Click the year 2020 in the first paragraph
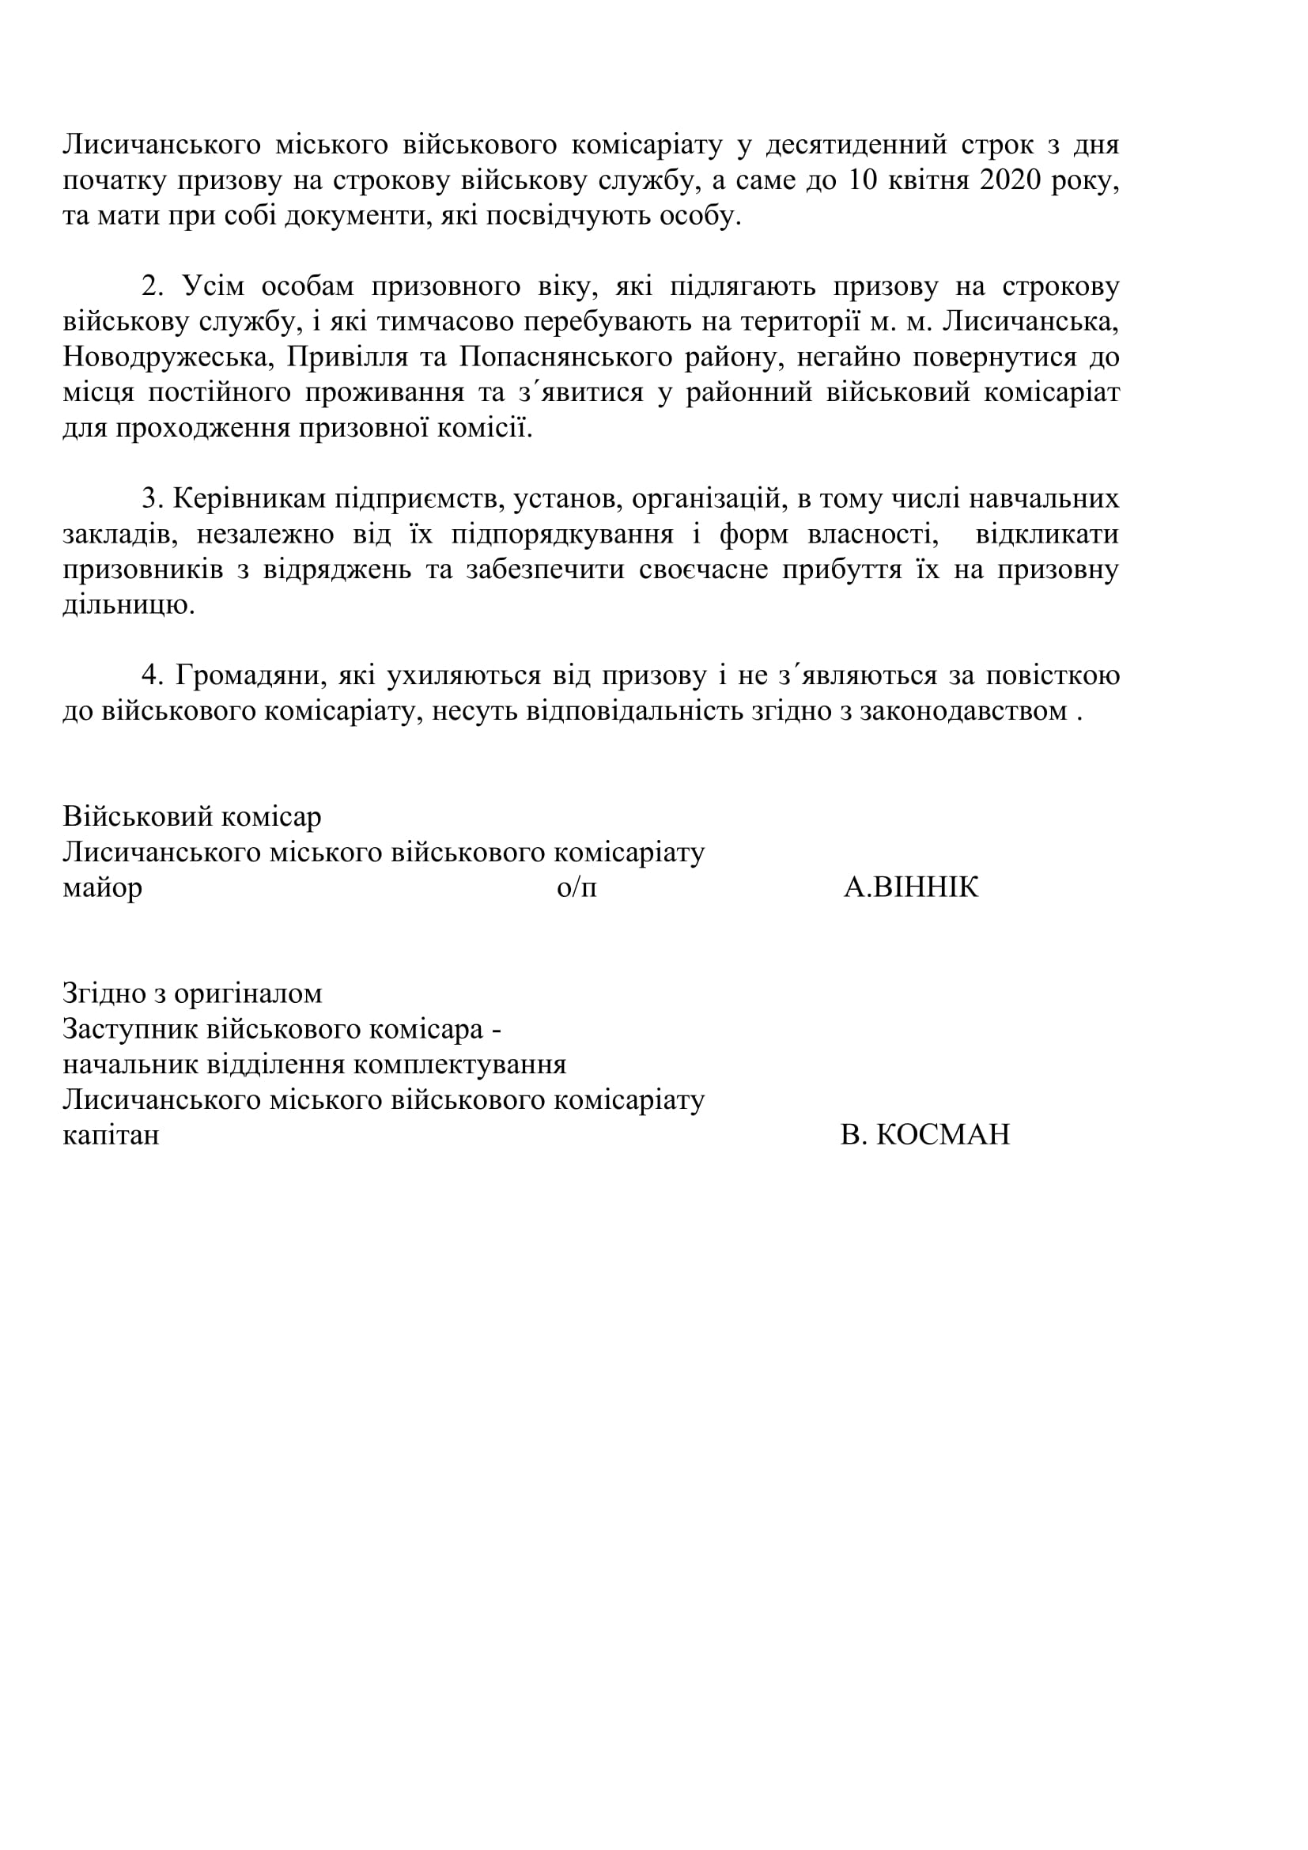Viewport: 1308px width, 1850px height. tap(1011, 180)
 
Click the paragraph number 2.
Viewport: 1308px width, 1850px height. tap(150, 286)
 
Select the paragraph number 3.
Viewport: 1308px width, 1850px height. tap(150, 499)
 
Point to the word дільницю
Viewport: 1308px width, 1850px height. tap(128, 605)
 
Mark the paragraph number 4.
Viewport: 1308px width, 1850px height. tap(150, 676)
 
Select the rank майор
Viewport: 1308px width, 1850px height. tap(102, 888)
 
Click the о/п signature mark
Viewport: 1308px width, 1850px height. tap(577, 888)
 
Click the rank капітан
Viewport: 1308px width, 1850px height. tap(112, 1135)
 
